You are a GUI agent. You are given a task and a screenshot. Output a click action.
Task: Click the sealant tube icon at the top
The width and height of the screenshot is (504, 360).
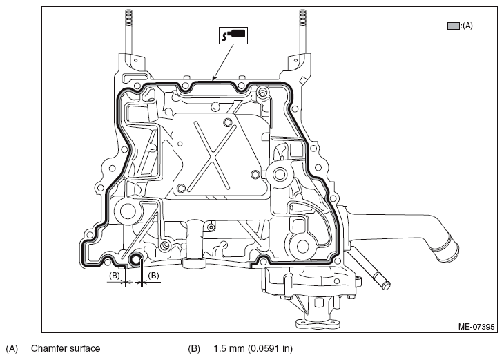click(233, 35)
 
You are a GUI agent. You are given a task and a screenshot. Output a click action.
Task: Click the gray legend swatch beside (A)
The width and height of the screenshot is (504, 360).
click(453, 26)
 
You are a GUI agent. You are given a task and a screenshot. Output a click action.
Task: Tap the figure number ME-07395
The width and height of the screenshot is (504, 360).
click(476, 327)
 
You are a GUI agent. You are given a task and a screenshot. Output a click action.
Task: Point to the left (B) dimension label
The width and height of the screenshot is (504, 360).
click(115, 276)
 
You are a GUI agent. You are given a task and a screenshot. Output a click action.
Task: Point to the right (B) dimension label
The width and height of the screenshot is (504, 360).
click(153, 276)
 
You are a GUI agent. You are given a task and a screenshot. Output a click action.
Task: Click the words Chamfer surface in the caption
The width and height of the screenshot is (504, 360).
click(66, 348)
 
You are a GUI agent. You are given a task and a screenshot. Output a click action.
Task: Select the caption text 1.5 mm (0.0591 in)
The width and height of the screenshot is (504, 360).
click(253, 348)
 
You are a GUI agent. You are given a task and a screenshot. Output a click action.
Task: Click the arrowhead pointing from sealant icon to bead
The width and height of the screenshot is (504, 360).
click(213, 78)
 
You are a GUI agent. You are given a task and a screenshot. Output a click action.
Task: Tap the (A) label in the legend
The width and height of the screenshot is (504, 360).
click(467, 26)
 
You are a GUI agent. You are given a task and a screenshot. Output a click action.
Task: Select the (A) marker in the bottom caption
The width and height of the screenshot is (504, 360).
click(12, 348)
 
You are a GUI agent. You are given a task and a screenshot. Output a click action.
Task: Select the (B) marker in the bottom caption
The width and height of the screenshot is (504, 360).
click(194, 348)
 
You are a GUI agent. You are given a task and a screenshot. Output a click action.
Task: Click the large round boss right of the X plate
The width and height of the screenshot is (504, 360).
click(280, 175)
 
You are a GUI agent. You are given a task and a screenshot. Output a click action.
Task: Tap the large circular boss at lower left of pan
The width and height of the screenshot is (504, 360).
click(128, 211)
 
